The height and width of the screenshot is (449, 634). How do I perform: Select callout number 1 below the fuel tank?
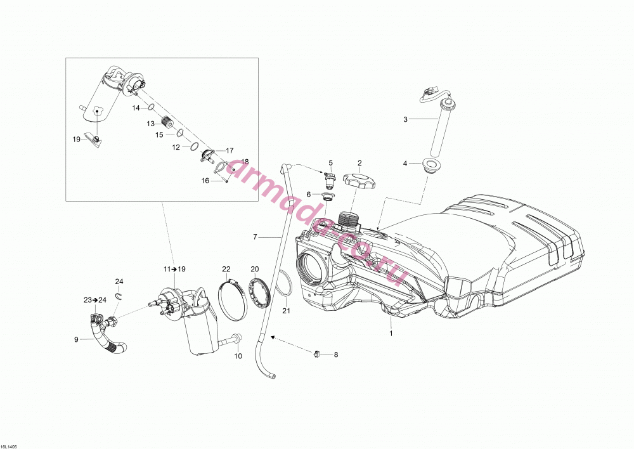391,334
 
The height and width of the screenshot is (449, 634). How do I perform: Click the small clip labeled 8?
316,355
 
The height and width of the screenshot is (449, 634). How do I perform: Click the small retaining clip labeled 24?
119,296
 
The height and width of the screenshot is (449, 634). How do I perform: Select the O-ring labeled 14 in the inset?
150,107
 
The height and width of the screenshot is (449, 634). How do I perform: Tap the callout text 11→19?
174,269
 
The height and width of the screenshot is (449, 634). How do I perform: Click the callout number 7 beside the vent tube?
255,237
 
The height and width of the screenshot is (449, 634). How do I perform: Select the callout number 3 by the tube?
405,119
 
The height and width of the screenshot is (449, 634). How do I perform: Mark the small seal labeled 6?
327,197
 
